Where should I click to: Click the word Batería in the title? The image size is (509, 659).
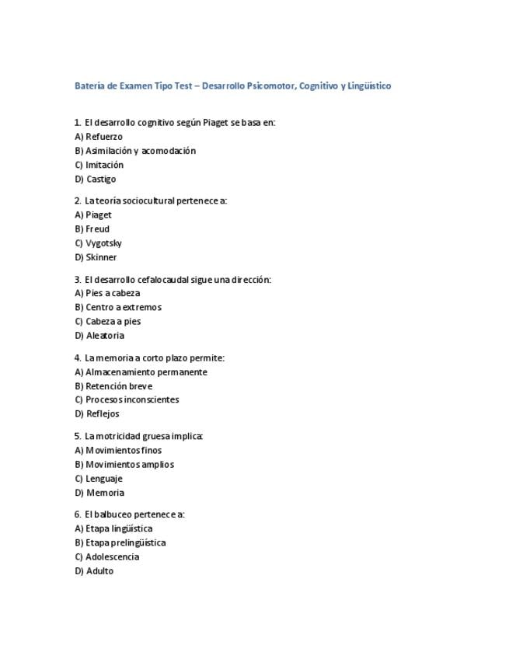point(89,85)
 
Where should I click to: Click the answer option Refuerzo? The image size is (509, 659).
point(103,137)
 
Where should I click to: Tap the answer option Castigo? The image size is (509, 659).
point(100,179)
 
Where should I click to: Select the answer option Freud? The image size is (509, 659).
point(97,229)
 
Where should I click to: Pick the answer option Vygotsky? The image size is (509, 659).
point(103,243)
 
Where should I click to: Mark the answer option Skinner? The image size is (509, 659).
point(101,257)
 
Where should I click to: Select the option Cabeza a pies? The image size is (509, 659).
point(113,322)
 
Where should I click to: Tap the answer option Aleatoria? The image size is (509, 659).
point(104,336)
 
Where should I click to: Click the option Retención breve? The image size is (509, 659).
point(119,386)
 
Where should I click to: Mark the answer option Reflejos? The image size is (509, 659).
point(102,414)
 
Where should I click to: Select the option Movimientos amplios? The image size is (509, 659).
point(129,465)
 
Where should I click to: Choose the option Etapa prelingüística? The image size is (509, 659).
point(125,543)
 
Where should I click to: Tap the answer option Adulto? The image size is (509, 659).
point(99,571)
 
